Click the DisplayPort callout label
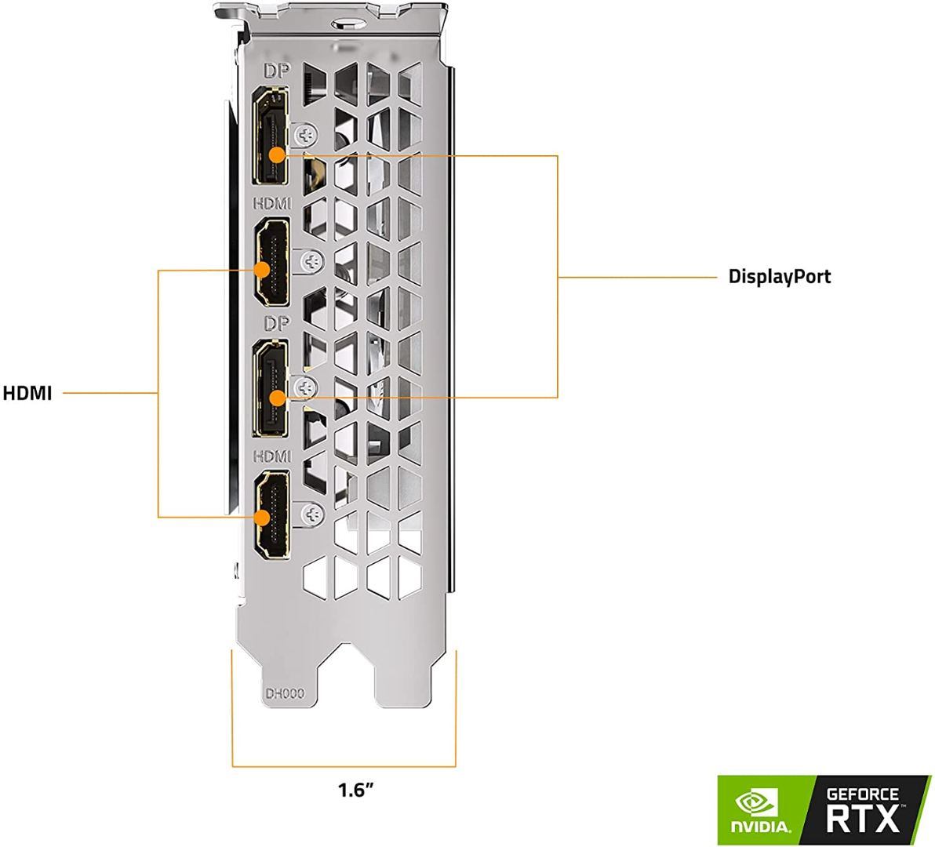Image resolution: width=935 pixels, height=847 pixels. coord(779,276)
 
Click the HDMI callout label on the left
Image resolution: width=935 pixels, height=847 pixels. coord(27,393)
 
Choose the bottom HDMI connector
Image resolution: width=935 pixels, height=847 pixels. coord(271,516)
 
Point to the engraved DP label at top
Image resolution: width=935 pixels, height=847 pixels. coord(275,71)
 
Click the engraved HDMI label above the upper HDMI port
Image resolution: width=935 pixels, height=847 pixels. coord(271,203)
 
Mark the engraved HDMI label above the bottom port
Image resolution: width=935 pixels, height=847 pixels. coord(271,456)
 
